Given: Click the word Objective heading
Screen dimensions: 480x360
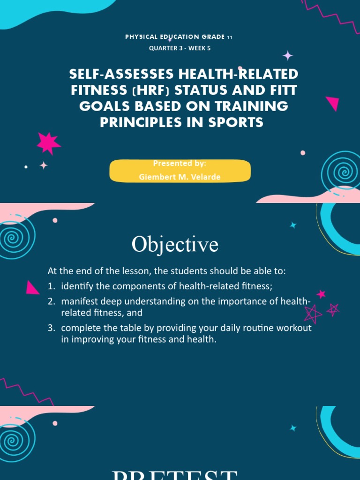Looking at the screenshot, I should tap(175, 244).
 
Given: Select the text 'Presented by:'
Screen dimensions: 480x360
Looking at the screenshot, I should tap(180, 163).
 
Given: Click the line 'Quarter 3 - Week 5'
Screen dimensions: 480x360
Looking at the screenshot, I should tap(180, 48).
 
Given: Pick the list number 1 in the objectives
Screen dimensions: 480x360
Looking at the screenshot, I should tap(51, 286).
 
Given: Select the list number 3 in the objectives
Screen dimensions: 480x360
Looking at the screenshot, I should tap(51, 328).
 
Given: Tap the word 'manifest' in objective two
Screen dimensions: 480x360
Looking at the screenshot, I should tap(79, 301).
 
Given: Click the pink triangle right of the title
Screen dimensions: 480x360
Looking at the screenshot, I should tap(333, 103).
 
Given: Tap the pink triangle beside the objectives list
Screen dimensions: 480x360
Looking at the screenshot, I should tap(32, 287).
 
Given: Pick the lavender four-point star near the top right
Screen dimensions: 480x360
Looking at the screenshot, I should tap(287, 56).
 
